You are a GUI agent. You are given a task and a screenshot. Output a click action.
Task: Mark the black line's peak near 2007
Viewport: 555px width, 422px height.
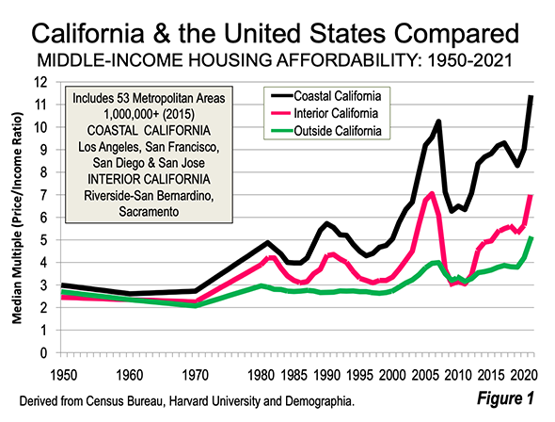coord(438,122)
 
